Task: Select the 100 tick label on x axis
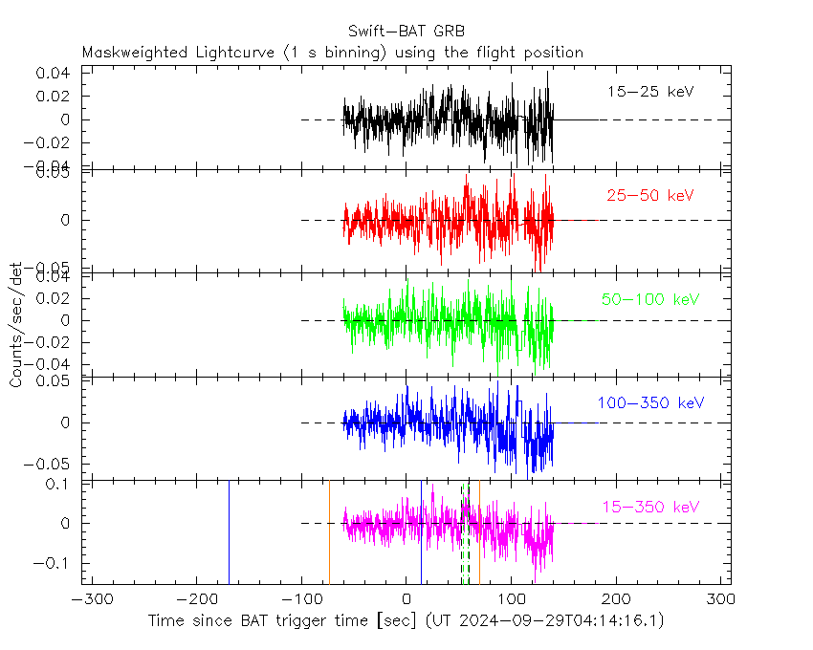click(512, 599)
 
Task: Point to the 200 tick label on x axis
click(616, 599)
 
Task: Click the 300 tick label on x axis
click(720, 599)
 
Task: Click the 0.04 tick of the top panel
click(54, 74)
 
